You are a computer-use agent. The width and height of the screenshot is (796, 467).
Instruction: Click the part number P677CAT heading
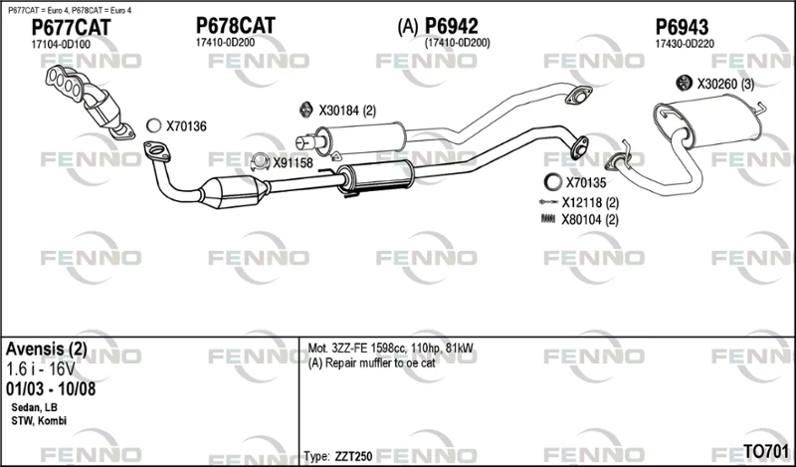click(x=71, y=28)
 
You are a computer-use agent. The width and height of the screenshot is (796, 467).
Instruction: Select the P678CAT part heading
click(x=236, y=26)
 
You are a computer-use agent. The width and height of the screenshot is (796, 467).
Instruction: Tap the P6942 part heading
click(x=452, y=26)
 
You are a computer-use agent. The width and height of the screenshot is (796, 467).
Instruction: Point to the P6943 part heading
click(x=682, y=27)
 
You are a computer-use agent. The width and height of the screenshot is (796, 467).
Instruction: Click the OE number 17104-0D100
click(x=61, y=44)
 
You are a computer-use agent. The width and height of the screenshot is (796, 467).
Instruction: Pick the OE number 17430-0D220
click(x=685, y=44)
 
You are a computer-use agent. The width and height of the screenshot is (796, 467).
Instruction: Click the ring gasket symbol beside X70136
click(x=153, y=125)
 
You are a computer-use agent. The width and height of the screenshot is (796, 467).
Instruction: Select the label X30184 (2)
click(x=347, y=111)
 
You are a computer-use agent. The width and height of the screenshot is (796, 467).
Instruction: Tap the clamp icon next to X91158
click(x=260, y=161)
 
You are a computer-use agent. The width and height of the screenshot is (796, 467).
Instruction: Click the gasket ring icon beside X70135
click(x=553, y=181)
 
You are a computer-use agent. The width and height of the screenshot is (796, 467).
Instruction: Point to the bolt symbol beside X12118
click(x=549, y=202)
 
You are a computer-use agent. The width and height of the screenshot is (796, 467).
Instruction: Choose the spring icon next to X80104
click(x=549, y=219)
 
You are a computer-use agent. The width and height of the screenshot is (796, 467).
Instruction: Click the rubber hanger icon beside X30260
click(x=685, y=83)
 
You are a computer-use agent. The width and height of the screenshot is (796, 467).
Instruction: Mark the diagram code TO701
click(x=766, y=451)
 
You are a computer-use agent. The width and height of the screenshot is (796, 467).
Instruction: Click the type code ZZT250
click(x=353, y=456)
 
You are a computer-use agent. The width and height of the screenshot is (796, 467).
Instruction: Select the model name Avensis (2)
click(x=46, y=350)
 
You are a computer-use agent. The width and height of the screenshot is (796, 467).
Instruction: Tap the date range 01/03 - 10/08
click(x=51, y=389)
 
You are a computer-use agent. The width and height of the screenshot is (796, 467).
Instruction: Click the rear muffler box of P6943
click(x=710, y=123)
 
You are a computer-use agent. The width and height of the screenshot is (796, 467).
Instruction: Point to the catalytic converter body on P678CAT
click(x=233, y=191)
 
